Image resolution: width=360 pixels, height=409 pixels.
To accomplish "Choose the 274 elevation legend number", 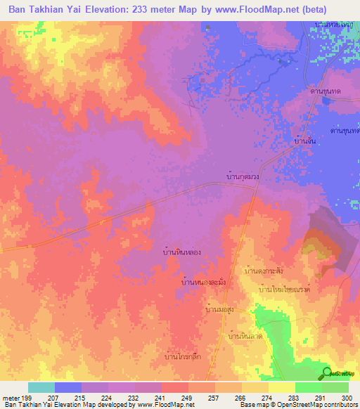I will [262, 396].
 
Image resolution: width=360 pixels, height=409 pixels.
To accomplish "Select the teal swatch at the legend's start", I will [41, 387].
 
